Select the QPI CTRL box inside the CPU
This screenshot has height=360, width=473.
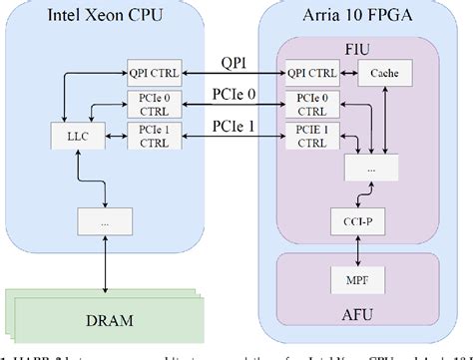tap(151, 74)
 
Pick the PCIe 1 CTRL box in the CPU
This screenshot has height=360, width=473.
tap(151, 137)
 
